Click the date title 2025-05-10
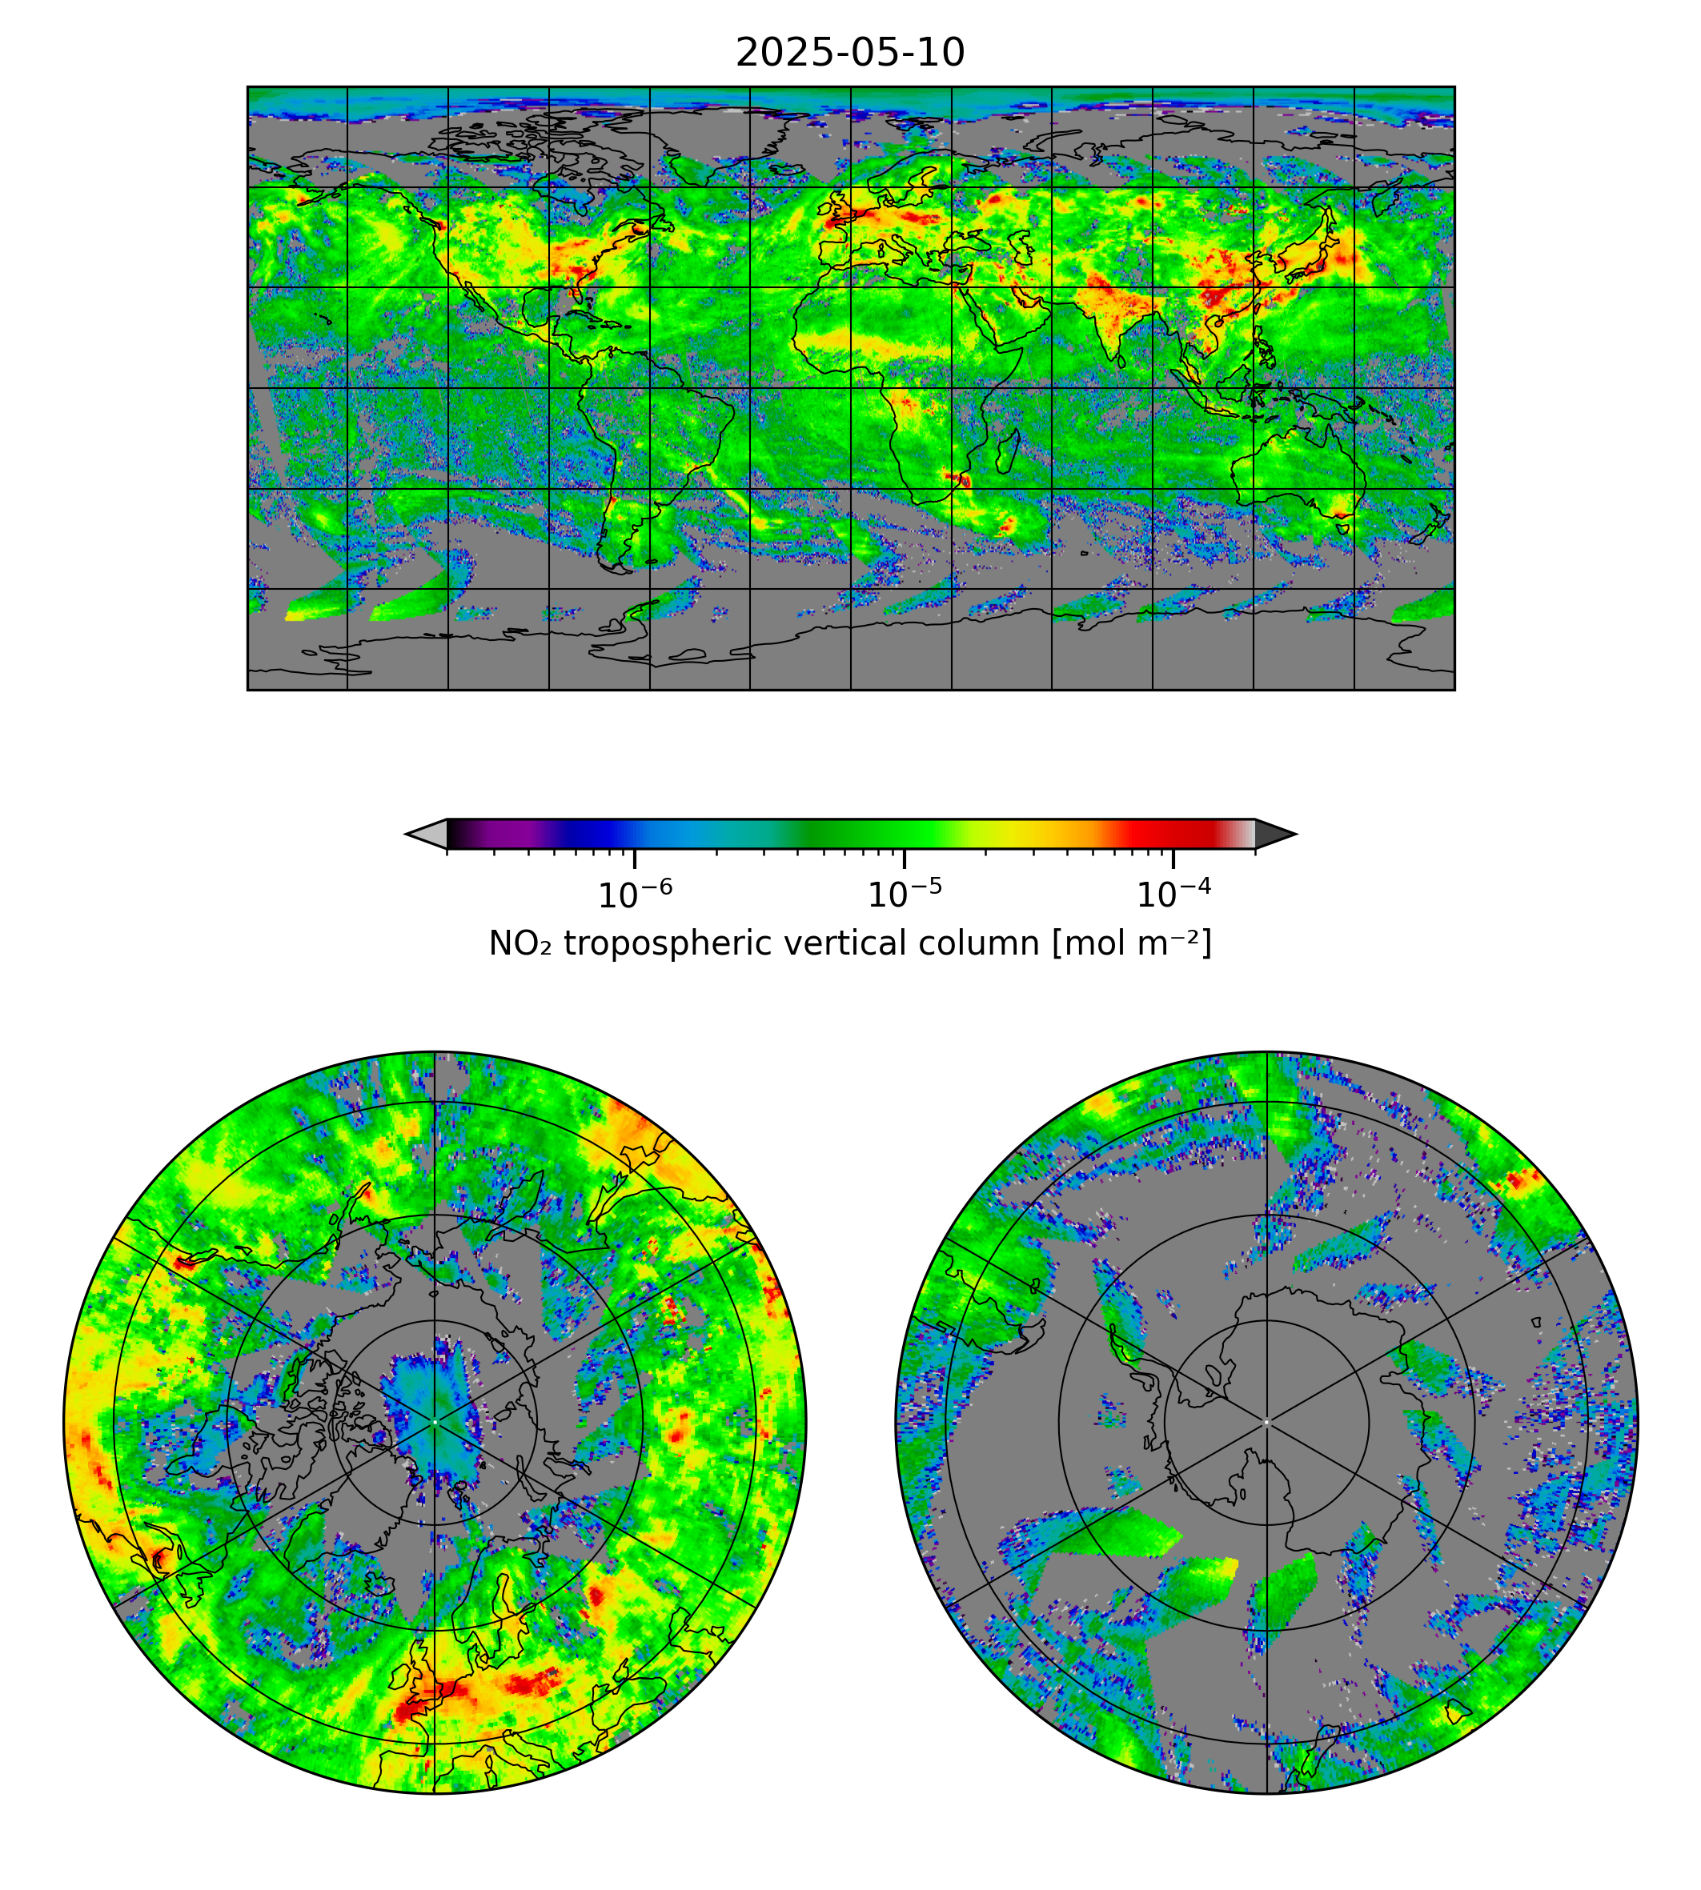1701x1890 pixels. click(849, 54)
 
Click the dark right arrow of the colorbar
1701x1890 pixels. click(1274, 833)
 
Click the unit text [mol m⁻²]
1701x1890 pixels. click(1132, 943)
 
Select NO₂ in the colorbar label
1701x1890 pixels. click(520, 943)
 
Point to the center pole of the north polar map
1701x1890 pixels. click(435, 1422)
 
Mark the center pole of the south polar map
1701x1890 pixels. click(1266, 1422)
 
